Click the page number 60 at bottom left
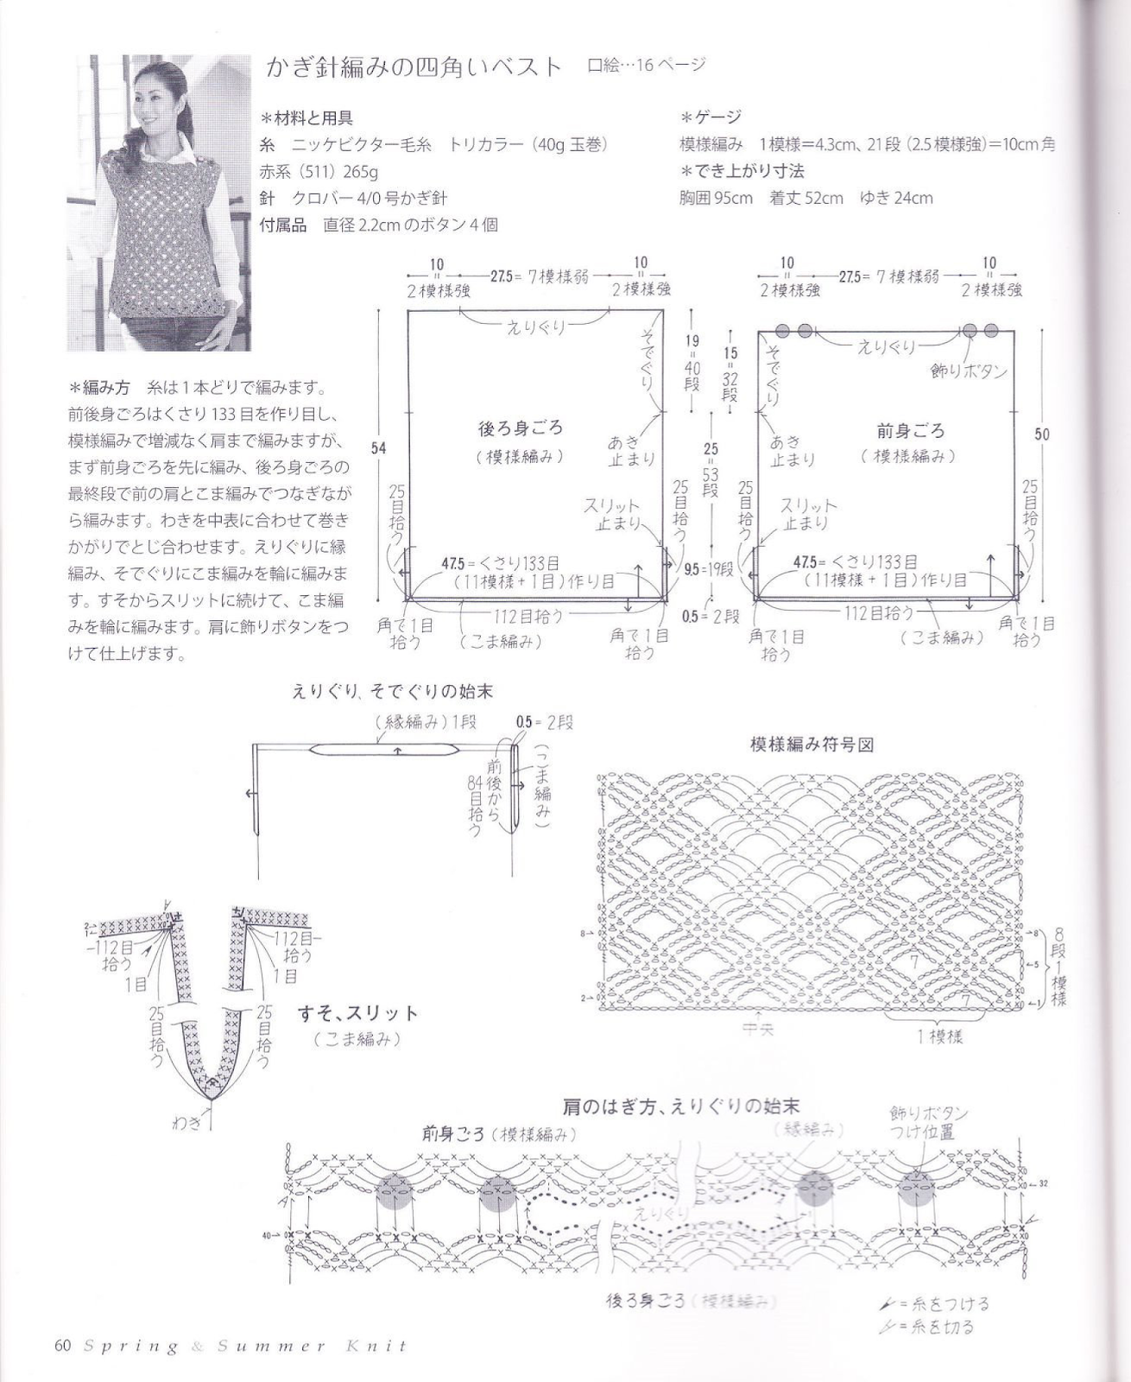coord(61,1346)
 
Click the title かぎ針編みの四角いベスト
coord(414,67)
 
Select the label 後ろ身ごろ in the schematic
coord(520,428)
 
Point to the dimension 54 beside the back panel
coord(378,447)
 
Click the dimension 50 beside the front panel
coord(1042,434)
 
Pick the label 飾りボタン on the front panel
coord(969,371)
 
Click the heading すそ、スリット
coord(357,1013)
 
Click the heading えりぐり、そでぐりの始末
coord(393,691)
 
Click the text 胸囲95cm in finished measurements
coord(716,198)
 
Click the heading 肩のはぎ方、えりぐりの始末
coord(680,1106)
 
